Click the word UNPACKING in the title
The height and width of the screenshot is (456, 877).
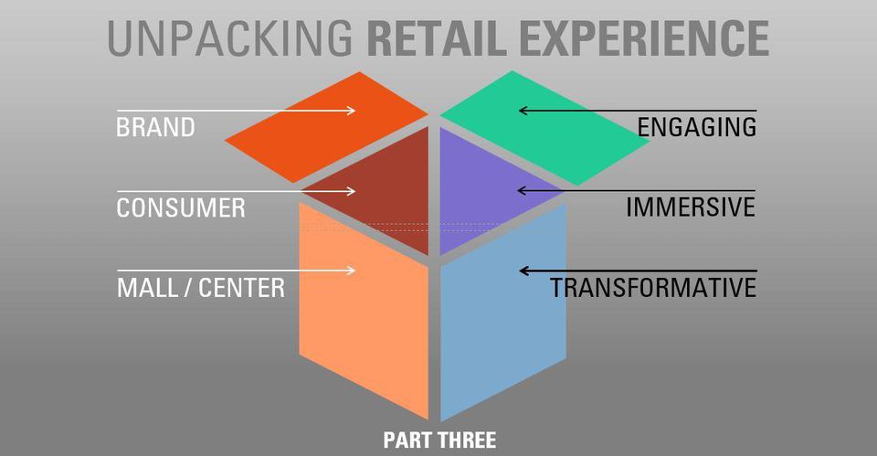point(230,38)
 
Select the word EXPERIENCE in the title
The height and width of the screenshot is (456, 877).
point(644,38)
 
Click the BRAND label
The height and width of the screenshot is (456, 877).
point(155,128)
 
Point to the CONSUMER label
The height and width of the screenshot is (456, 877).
point(181,208)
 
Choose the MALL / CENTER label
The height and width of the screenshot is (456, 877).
point(201,288)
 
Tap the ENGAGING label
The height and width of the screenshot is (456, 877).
point(697,128)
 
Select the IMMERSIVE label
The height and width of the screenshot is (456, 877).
point(691,207)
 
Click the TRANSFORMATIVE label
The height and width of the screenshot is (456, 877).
point(653,288)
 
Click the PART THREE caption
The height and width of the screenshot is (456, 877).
point(439,440)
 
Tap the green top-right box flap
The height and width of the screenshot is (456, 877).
point(544,128)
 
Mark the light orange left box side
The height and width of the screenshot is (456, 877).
point(365,311)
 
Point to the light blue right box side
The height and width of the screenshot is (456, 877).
point(503,313)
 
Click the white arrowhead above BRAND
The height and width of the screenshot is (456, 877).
point(351,111)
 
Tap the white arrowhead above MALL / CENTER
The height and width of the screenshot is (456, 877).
point(351,270)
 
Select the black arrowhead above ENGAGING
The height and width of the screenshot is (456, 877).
point(524,111)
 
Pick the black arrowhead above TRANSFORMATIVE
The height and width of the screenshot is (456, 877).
point(524,271)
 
